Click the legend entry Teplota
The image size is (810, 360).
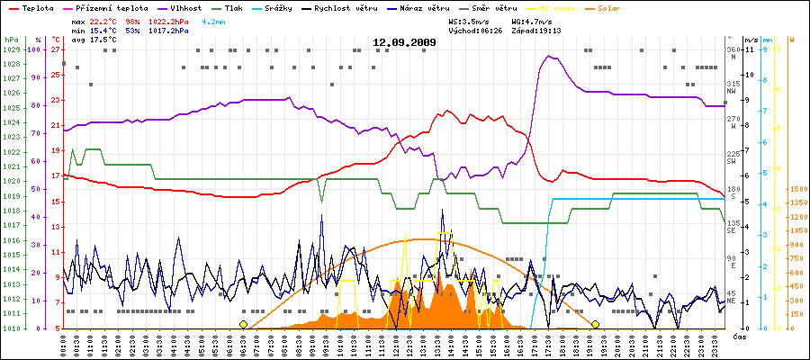(x=32, y=8)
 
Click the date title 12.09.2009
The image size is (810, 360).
(x=405, y=42)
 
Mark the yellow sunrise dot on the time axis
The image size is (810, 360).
(x=243, y=324)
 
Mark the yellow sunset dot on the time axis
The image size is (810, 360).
(x=595, y=324)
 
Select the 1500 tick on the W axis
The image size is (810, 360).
(x=797, y=189)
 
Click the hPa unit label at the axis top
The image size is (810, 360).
(x=11, y=40)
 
